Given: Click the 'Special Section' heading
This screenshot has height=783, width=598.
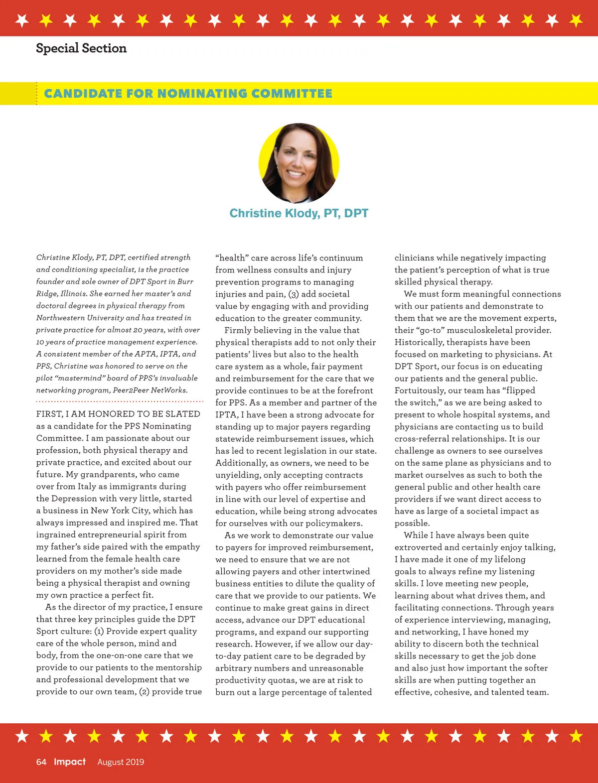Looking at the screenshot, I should (x=81, y=48).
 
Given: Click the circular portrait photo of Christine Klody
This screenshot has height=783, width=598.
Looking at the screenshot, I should (x=299, y=163).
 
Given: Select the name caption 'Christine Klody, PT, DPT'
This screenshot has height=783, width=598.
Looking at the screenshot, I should (x=299, y=213).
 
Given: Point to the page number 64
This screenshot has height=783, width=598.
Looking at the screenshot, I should (x=41, y=762).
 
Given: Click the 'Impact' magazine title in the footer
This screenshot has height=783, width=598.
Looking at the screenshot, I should (x=70, y=762).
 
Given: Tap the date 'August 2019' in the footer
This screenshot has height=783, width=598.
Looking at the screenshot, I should (x=121, y=762).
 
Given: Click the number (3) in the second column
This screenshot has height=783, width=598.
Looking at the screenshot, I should (x=294, y=294).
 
